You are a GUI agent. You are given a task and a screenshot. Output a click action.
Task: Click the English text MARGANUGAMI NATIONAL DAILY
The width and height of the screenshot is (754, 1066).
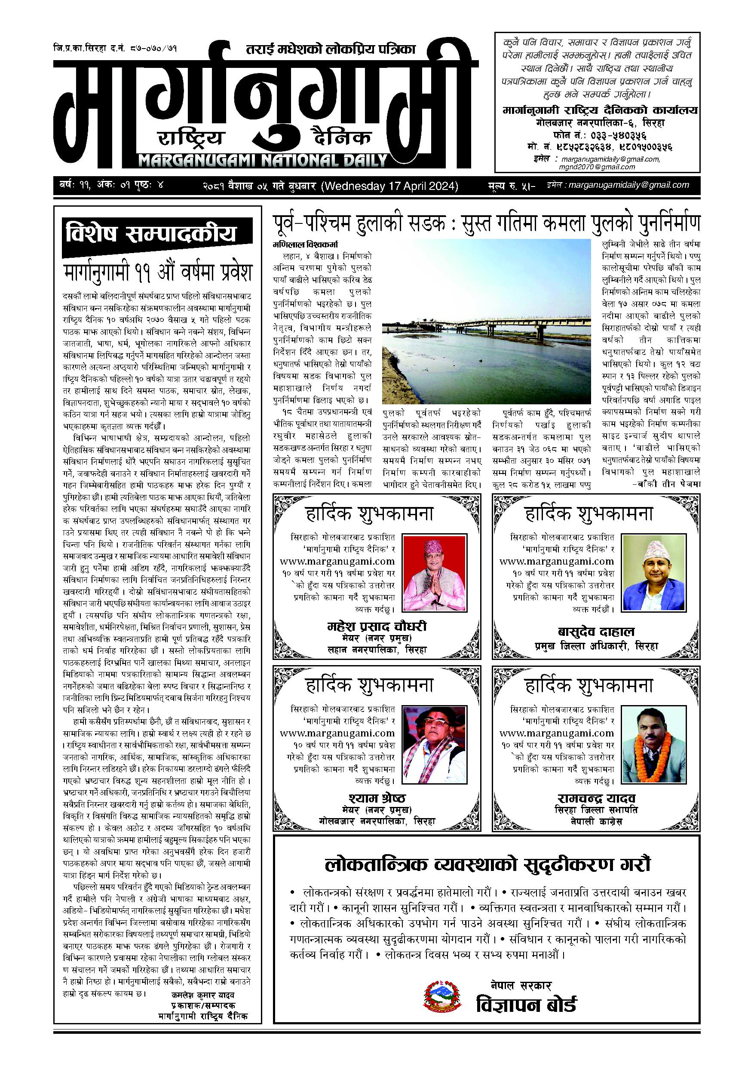click(x=263, y=161)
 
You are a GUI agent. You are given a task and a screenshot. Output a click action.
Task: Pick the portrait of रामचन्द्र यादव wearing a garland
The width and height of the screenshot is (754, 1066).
click(x=653, y=743)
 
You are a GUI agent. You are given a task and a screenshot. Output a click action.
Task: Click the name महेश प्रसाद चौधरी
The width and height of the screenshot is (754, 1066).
click(x=376, y=627)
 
